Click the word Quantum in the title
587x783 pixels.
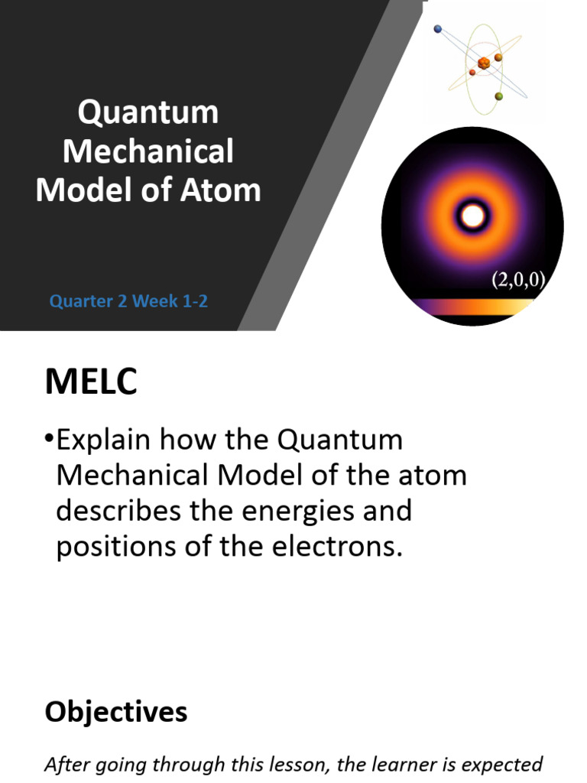click(x=148, y=113)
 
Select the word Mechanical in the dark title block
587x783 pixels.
click(x=148, y=151)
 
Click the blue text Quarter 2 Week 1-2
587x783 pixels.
click(x=128, y=301)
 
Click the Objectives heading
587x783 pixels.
click(x=115, y=712)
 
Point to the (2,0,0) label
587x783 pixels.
click(x=517, y=279)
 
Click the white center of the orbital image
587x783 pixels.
click(x=472, y=217)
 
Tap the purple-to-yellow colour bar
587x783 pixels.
click(x=472, y=307)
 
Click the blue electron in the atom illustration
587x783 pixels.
click(x=438, y=29)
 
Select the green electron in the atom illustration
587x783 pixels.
click(x=499, y=96)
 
